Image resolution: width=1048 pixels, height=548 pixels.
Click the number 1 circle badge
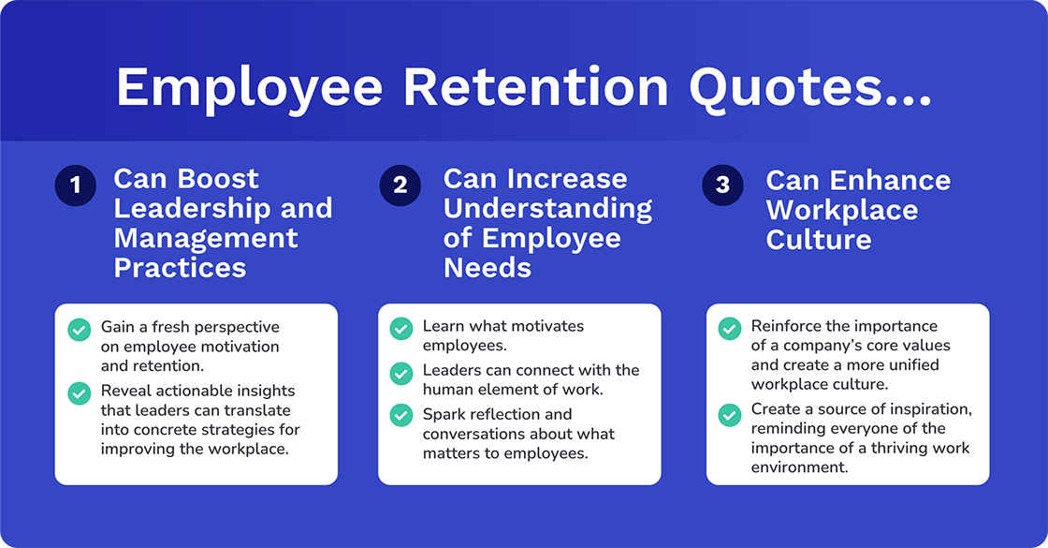click(x=76, y=185)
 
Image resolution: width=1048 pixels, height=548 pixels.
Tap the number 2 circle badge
click(x=400, y=185)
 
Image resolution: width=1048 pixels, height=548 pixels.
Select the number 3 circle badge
click(x=722, y=185)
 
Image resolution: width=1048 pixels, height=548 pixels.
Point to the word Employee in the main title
click(x=249, y=87)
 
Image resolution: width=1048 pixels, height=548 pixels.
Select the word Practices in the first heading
click(x=180, y=267)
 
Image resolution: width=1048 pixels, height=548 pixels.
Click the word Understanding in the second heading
click(x=547, y=208)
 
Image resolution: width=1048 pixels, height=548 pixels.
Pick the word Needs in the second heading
click(x=487, y=267)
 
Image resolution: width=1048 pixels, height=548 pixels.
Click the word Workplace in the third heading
click(x=841, y=210)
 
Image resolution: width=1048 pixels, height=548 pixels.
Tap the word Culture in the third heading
click(x=818, y=239)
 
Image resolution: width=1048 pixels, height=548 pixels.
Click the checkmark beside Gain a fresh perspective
click(x=80, y=329)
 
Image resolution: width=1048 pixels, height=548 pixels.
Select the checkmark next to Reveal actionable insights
click(x=80, y=392)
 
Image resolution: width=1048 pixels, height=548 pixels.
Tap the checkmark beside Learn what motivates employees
click(x=400, y=328)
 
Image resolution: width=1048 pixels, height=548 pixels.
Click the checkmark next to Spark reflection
click(x=400, y=414)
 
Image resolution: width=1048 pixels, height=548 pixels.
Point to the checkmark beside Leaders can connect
click(x=400, y=371)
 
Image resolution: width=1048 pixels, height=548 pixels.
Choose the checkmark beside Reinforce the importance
click(x=729, y=328)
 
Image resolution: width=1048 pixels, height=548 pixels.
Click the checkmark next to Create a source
click(x=729, y=412)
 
